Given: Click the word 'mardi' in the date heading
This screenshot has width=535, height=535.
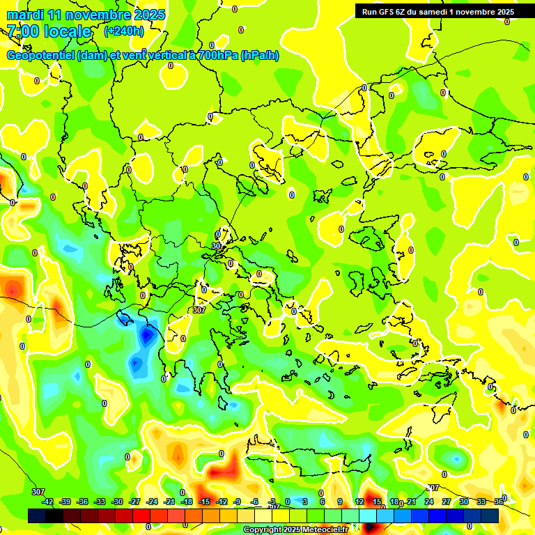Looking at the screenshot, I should click(23, 15).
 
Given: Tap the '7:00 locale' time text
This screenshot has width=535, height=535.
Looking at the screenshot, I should click(49, 31).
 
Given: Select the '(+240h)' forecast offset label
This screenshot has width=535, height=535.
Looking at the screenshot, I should click(124, 31).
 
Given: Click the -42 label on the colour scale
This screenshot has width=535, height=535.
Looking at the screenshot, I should click(47, 502).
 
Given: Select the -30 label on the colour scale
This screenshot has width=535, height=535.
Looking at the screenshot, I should click(117, 502).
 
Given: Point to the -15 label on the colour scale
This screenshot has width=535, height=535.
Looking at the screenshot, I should click(204, 502).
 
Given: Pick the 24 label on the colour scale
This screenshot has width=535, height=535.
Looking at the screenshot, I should click(428, 502).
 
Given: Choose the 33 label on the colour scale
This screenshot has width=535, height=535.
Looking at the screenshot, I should click(481, 502).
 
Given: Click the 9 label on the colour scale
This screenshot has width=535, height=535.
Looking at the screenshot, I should click(340, 502).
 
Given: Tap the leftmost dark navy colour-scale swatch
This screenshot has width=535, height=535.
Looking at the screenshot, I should click(37, 515).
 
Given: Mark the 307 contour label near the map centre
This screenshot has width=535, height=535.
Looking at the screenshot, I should click(199, 310).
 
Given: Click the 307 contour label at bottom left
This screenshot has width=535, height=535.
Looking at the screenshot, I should click(38, 492).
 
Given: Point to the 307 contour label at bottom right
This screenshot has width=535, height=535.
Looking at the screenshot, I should click(433, 488).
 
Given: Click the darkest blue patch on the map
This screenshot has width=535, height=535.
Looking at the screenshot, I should click(147, 336).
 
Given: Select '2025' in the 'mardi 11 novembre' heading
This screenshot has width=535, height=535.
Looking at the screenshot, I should click(150, 15).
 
